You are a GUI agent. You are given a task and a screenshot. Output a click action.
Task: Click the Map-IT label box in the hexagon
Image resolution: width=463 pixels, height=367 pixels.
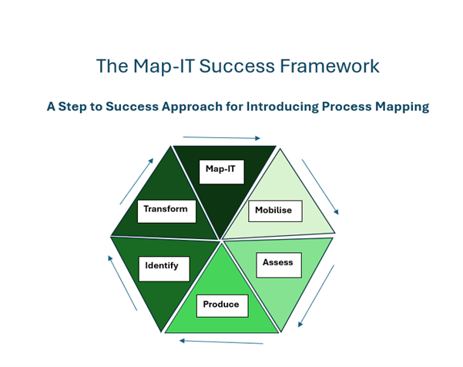click(x=221, y=171)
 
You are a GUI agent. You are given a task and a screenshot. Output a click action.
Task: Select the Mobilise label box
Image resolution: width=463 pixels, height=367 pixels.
click(x=275, y=210)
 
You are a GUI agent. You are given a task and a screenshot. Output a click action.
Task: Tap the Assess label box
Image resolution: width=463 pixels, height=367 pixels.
click(x=278, y=264)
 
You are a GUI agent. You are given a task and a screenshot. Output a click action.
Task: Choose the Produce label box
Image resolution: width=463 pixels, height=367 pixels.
click(x=222, y=306)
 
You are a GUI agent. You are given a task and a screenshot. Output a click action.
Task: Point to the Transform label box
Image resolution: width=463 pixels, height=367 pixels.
click(x=166, y=210)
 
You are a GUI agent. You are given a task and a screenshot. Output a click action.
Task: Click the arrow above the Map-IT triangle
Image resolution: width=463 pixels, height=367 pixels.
click(x=223, y=137)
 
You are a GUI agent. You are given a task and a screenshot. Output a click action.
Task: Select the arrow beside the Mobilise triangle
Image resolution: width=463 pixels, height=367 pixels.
click(x=320, y=187)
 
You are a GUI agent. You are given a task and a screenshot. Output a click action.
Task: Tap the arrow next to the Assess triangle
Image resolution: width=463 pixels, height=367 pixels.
click(x=317, y=296)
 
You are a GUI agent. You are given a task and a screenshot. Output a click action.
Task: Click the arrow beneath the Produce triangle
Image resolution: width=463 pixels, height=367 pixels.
click(x=221, y=342)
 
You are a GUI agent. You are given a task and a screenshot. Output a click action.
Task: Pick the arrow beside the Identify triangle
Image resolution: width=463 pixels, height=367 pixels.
click(x=122, y=283)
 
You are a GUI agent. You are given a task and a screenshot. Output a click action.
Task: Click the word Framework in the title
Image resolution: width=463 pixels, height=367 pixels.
click(x=334, y=66)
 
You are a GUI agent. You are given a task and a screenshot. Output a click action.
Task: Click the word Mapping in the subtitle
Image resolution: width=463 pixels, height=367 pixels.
click(x=400, y=107)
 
